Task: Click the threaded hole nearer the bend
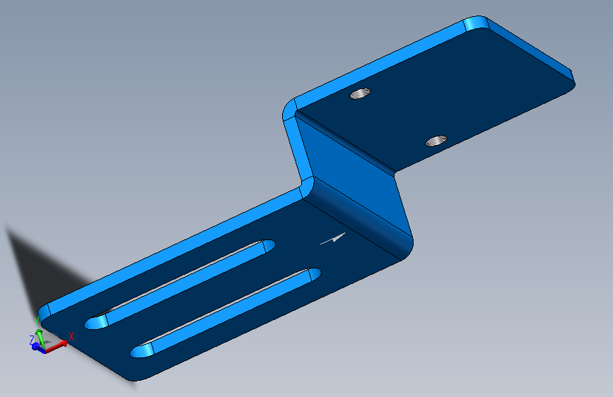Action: pos(436,141)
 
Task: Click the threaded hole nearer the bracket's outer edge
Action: pos(360,94)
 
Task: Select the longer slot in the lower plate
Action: pos(180,285)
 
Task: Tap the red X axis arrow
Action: pos(57,346)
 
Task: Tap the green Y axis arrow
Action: pos(40,338)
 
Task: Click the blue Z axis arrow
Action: pos(37,347)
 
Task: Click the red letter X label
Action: pos(71,336)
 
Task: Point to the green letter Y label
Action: pos(37,321)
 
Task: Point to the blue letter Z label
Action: pos(32,340)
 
